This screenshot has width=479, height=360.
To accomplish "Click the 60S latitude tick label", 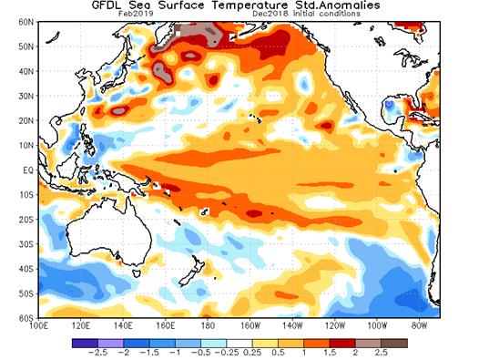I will (x=23, y=317).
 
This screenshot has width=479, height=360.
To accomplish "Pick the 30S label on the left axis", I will (x=23, y=243).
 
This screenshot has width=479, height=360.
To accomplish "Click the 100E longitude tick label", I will (x=40, y=324).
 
